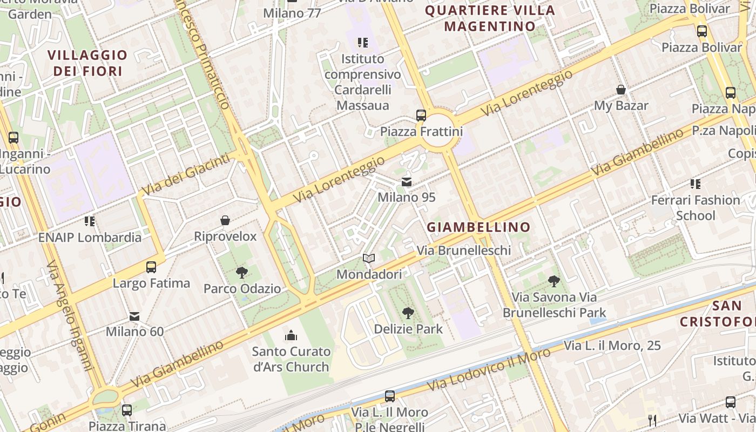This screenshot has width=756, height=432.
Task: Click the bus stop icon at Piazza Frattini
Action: click(x=421, y=115)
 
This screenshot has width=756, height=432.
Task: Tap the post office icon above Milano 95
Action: click(x=407, y=183)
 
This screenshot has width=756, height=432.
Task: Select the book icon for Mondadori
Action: click(x=369, y=259)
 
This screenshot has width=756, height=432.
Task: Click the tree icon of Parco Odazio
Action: click(x=242, y=273)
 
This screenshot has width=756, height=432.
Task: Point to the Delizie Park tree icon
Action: click(x=408, y=313)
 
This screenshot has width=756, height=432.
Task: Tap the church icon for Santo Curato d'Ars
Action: click(x=291, y=335)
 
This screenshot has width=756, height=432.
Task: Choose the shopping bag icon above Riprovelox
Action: click(x=225, y=220)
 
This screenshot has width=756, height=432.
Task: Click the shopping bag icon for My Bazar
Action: click(x=621, y=90)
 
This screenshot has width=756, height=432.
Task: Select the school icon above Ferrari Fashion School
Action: click(x=695, y=184)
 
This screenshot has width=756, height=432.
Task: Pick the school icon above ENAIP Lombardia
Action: click(x=90, y=221)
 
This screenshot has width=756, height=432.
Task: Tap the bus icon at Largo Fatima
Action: click(x=151, y=267)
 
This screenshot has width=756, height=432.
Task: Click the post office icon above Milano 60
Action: click(x=134, y=316)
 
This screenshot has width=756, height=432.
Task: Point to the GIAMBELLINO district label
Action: click(x=478, y=227)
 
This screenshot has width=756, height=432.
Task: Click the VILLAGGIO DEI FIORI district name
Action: click(x=87, y=63)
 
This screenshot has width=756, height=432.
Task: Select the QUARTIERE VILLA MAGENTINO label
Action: click(x=490, y=18)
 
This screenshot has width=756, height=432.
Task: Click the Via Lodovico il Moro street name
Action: click(x=489, y=370)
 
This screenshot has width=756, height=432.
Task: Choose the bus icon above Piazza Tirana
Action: click(x=127, y=410)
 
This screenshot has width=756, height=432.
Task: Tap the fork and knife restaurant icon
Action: click(x=652, y=420)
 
